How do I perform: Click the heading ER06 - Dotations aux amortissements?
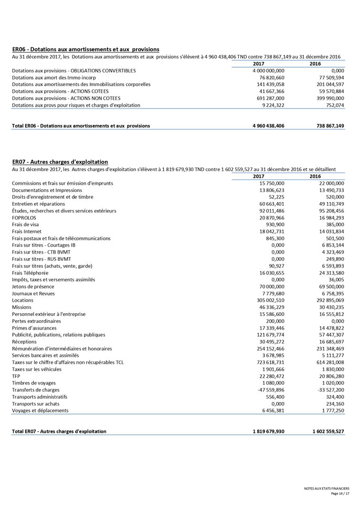pyautogui.click(x=86, y=49)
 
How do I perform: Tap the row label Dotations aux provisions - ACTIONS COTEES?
pyautogui.click(x=60, y=91)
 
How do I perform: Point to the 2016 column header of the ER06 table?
pyautogui.click(x=315, y=63)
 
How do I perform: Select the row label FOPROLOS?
pyautogui.click(x=24, y=217)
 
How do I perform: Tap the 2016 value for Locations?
pyautogui.click(x=326, y=300)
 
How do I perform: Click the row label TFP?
pyautogui.click(x=16, y=376)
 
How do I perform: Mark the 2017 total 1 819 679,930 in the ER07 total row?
pyautogui.click(x=268, y=431)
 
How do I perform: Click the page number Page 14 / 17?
pyautogui.click(x=340, y=494)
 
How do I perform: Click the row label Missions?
pyautogui.click(x=22, y=307)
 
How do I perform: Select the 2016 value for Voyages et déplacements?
pyautogui.click(x=329, y=410)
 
